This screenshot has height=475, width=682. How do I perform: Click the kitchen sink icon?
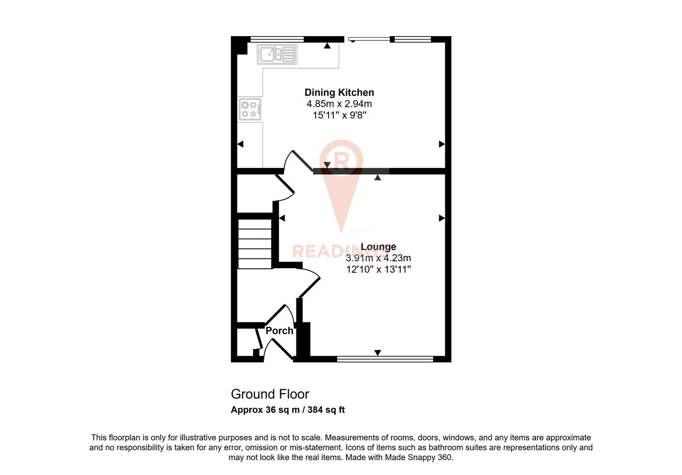pyautogui.click(x=277, y=54)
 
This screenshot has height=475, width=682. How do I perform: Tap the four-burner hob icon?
pyautogui.click(x=250, y=110)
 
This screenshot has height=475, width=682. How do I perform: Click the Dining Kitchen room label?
pyautogui.click(x=339, y=92)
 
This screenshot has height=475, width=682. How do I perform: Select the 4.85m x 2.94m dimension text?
pyautogui.click(x=339, y=104)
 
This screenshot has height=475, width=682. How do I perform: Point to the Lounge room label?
pyautogui.click(x=378, y=247)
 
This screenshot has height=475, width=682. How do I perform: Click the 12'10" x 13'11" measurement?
pyautogui.click(x=378, y=269)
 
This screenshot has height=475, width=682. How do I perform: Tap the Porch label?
pyautogui.click(x=279, y=331)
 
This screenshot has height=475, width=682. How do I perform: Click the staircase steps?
pyautogui.click(x=255, y=244)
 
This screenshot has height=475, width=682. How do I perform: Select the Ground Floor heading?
pyautogui.click(x=270, y=394)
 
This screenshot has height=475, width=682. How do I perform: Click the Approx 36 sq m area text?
pyautogui.click(x=265, y=410)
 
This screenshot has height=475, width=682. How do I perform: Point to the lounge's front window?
pyautogui.click(x=385, y=359)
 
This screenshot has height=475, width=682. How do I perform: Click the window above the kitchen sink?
pyautogui.click(x=277, y=39)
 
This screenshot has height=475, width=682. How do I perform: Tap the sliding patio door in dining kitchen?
pyautogui.click(x=368, y=39)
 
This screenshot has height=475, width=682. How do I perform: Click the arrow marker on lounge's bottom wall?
pyautogui.click(x=377, y=353)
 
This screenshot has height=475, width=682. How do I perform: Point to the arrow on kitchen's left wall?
pyautogui.click(x=240, y=144)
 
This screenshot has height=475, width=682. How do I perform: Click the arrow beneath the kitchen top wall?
pyautogui.click(x=327, y=45)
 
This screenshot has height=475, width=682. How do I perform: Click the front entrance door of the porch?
pyautogui.click(x=281, y=350)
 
